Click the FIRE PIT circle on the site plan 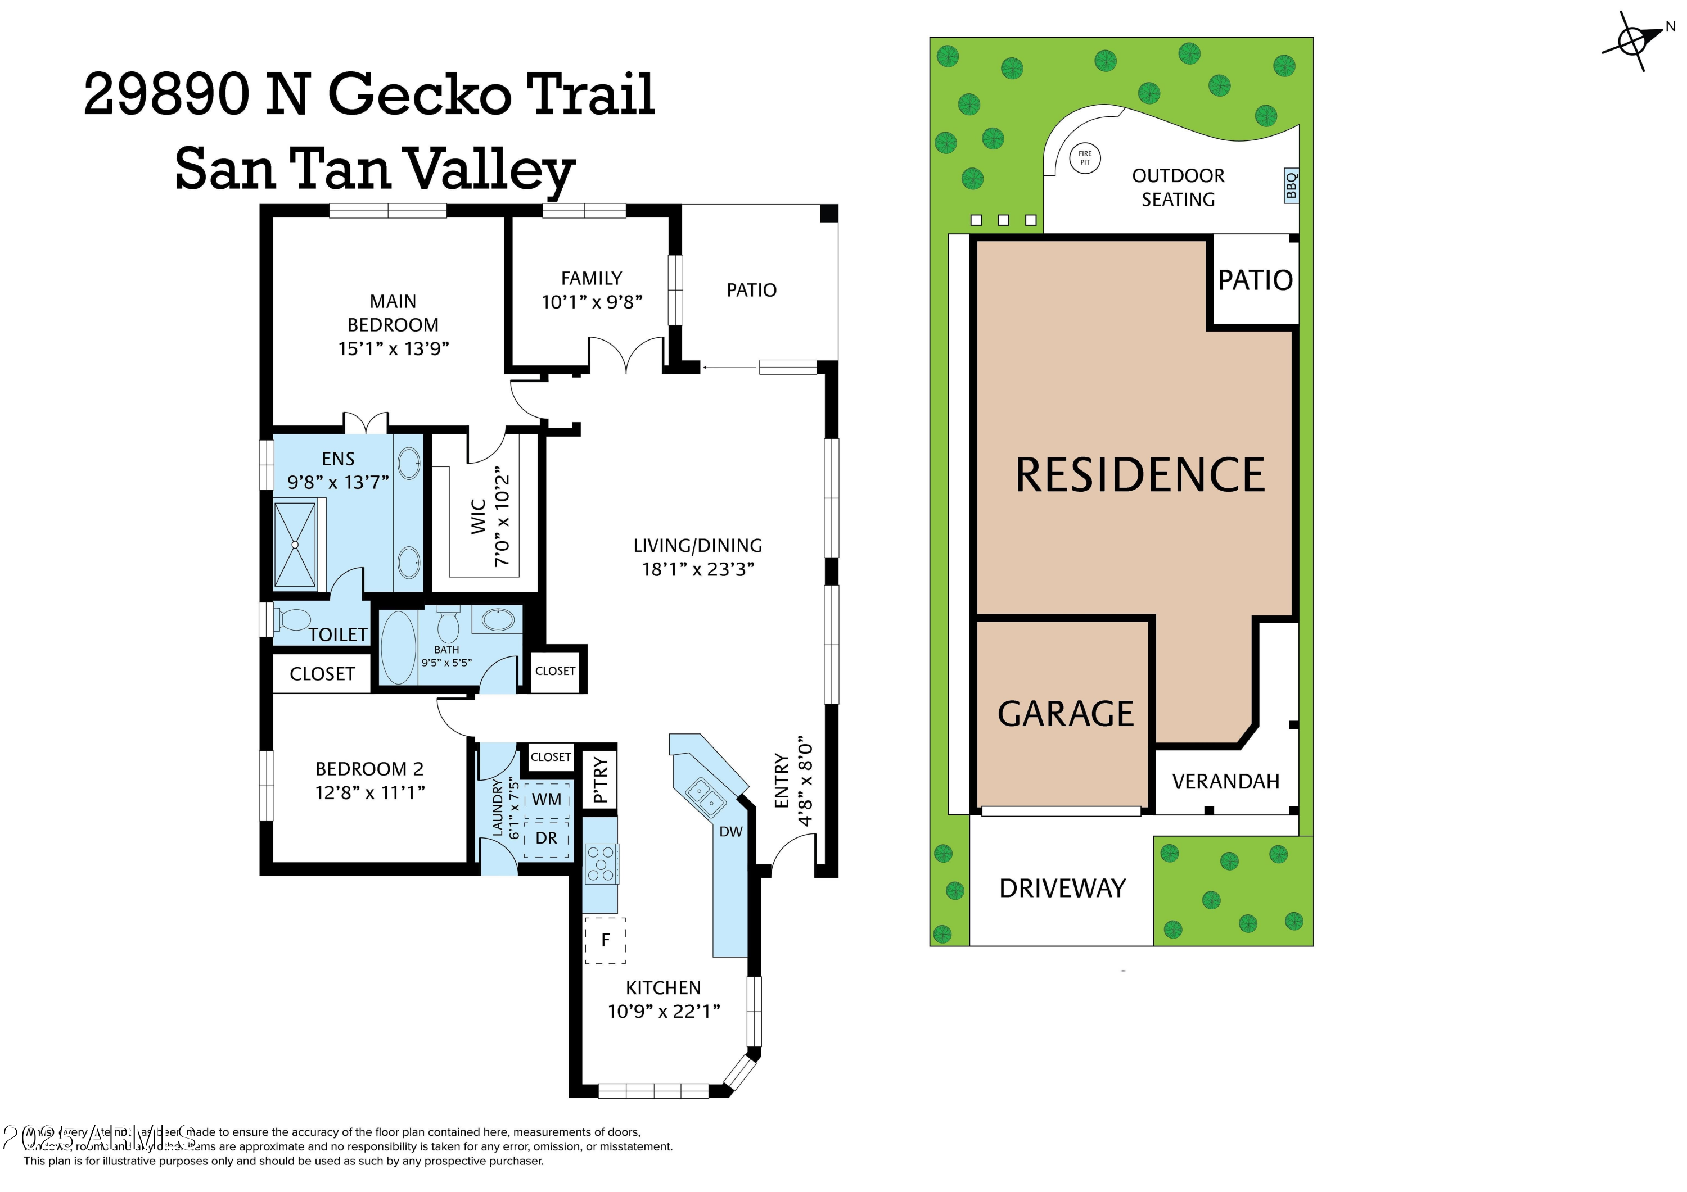tap(1085, 158)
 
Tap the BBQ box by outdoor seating tap(1291, 185)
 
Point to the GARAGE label tap(1066, 714)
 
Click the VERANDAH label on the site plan tap(1225, 781)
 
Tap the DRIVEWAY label tap(1062, 889)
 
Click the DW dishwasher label tap(730, 831)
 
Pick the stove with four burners tap(601, 864)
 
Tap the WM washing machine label tap(546, 799)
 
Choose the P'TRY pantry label tap(601, 780)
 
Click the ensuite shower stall tap(295, 544)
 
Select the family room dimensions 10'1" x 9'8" tap(592, 302)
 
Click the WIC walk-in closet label tap(479, 516)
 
